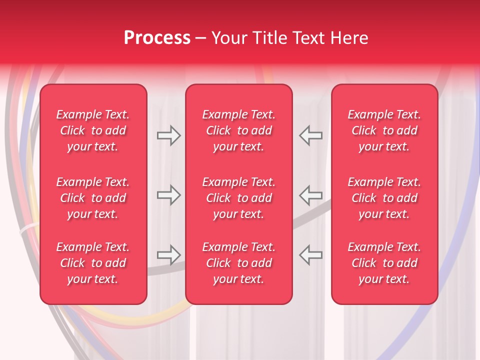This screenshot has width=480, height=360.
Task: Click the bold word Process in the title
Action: tap(157, 38)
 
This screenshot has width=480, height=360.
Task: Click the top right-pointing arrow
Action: tap(168, 135)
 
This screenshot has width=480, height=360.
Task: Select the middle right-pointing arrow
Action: tap(168, 195)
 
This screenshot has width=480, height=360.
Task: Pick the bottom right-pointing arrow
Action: tap(168, 255)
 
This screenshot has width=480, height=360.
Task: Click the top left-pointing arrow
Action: tap(310, 135)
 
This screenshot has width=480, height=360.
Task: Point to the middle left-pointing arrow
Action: tap(310, 195)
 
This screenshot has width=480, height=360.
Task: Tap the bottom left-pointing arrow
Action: tap(310, 255)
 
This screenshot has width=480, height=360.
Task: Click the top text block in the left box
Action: tap(93, 130)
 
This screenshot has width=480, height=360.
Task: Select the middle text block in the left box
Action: tap(93, 198)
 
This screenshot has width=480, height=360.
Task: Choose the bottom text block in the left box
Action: tap(93, 263)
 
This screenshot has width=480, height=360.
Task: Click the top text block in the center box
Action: tap(238, 130)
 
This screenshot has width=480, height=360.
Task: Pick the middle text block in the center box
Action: tap(238, 198)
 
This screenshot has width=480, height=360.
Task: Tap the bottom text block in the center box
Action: tap(238, 263)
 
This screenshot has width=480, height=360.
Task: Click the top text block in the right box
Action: tap(384, 130)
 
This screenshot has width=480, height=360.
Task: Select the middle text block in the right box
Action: tap(384, 198)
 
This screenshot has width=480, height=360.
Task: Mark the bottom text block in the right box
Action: tap(384, 263)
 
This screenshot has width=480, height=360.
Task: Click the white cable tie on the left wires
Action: tap(27, 229)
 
